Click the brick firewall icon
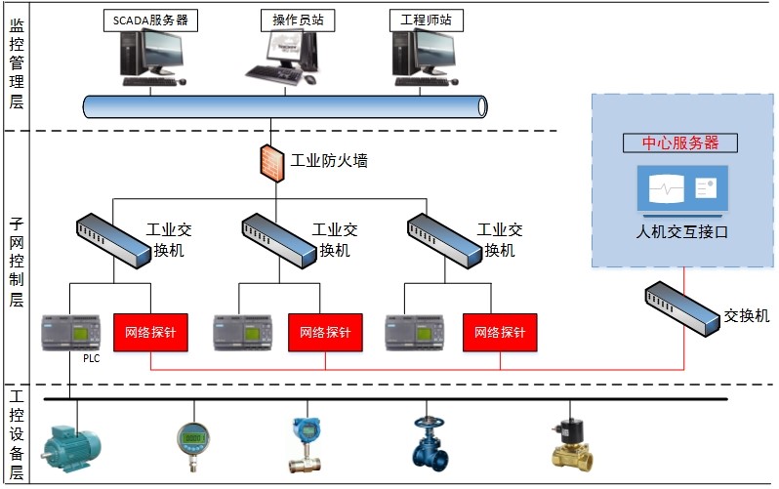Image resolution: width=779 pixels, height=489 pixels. [271, 161]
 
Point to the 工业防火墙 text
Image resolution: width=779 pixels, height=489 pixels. [329, 161]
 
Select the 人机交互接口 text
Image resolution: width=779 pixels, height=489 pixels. [681, 232]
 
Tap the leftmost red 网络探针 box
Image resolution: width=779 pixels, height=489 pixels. [150, 332]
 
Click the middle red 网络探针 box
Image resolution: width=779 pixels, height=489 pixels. [325, 332]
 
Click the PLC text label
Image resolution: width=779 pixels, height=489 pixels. [91, 358]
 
